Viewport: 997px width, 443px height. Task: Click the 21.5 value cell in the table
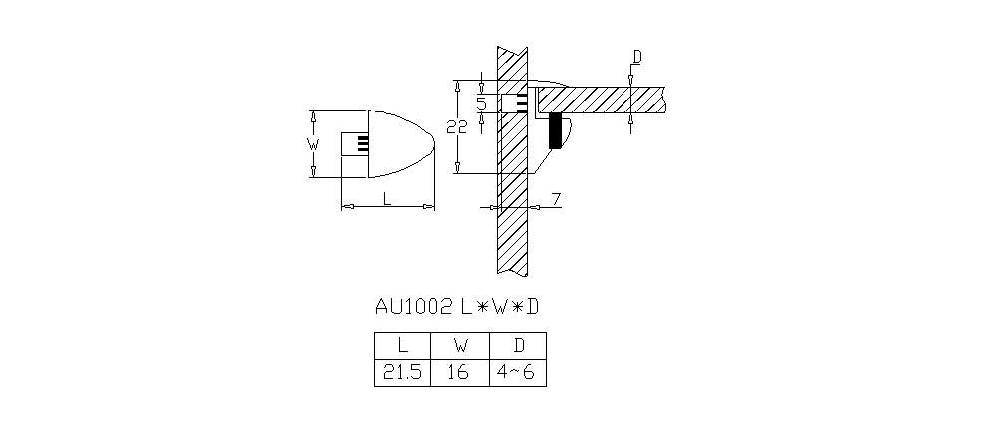402,372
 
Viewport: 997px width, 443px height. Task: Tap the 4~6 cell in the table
518,372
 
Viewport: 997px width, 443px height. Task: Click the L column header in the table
402,345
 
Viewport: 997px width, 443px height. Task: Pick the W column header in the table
460,345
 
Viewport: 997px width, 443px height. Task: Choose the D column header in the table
518,345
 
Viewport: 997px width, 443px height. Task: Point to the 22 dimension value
456,127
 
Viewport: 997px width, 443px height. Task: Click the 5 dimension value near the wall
481,103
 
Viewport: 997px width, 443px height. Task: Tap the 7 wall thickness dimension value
555,200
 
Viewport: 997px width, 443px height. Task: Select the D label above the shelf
637,57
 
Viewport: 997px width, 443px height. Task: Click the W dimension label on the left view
312,144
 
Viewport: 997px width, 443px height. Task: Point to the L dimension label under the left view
386,199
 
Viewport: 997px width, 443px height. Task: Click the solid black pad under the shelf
555,131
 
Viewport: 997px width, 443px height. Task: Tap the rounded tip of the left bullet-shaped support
434,143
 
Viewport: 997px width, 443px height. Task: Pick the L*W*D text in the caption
499,307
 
